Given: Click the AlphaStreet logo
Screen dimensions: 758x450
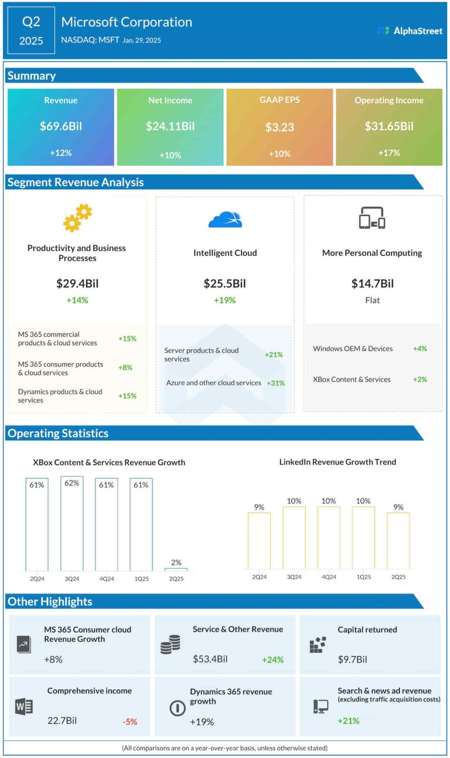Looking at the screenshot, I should (410, 30).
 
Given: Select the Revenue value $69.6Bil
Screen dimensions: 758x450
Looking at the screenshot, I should (60, 126).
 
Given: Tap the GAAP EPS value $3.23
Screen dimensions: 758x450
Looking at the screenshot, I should (279, 127).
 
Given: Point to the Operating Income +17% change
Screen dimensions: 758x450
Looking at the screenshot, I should (389, 153).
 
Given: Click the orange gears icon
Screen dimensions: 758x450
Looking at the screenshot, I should (77, 217).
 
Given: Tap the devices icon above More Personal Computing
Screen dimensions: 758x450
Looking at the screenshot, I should (372, 218).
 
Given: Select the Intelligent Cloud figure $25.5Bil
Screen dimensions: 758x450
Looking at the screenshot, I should (225, 284).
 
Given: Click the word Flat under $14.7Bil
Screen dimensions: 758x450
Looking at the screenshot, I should (372, 301).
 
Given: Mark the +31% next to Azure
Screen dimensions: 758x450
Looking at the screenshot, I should (275, 383).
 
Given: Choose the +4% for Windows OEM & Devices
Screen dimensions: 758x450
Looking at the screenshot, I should (420, 349).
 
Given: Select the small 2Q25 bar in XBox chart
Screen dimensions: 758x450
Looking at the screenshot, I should (176, 569).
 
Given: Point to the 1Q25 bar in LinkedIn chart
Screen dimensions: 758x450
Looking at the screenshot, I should (363, 537).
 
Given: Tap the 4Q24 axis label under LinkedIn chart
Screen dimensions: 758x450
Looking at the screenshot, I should (329, 577).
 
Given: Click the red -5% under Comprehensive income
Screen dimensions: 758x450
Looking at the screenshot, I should (129, 722).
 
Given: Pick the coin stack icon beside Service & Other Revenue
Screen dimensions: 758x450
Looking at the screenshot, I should (170, 644).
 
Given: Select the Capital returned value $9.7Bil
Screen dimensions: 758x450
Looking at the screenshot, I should (352, 660).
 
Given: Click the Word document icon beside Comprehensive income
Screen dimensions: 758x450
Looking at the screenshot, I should (24, 706).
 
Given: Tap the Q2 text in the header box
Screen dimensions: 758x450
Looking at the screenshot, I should (32, 22).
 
